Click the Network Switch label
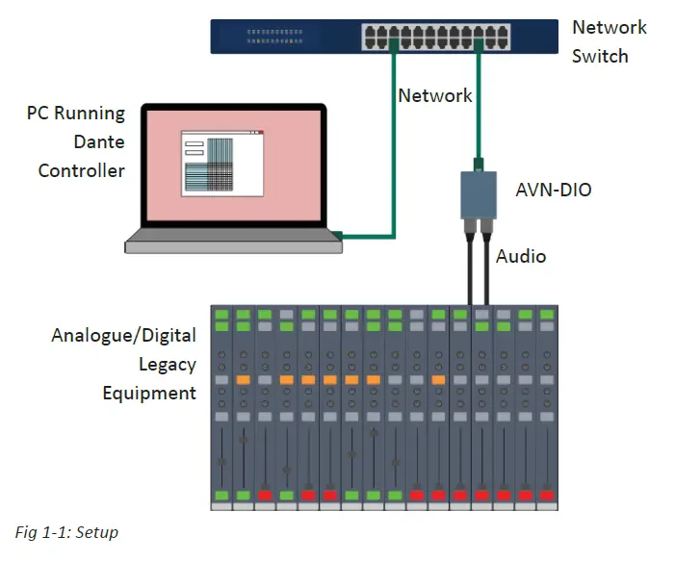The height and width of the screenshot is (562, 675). click(x=609, y=41)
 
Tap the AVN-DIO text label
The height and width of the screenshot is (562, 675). click(x=553, y=190)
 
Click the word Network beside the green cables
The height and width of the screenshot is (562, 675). click(x=435, y=95)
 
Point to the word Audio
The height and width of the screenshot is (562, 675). click(x=521, y=256)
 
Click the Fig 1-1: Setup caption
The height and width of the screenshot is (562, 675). click(x=66, y=532)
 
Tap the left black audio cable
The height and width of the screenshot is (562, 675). click(x=469, y=269)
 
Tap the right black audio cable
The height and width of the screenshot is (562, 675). click(x=486, y=269)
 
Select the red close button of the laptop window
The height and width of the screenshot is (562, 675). click(x=258, y=133)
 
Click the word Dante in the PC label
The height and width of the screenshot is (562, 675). click(x=100, y=141)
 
